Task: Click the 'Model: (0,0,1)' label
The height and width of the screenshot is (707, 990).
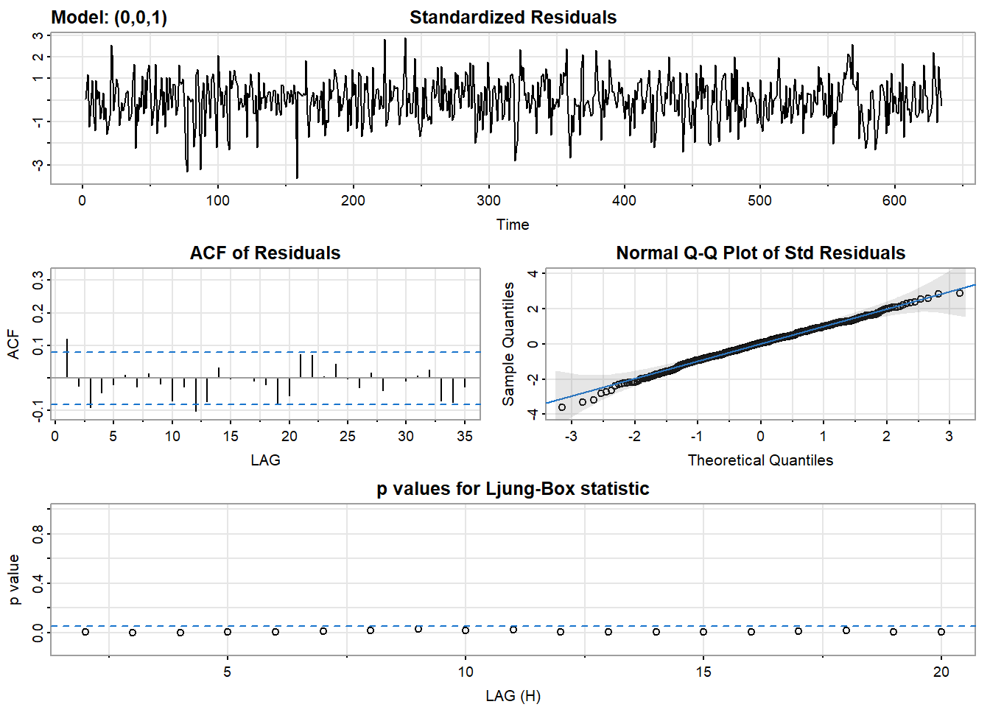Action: [x=109, y=18]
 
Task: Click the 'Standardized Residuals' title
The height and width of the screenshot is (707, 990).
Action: [x=513, y=18]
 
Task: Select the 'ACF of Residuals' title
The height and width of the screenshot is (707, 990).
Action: [x=265, y=253]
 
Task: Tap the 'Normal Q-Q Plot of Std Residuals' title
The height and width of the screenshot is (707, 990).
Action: [x=760, y=253]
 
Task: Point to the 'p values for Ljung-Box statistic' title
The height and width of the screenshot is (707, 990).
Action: [x=513, y=489]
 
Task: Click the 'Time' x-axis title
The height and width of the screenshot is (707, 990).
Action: [x=513, y=225]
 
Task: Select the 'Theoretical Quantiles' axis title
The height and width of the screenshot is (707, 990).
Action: [x=760, y=460]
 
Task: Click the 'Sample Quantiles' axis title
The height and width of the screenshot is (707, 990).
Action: [x=508, y=344]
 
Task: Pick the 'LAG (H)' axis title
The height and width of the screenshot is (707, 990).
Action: [x=513, y=696]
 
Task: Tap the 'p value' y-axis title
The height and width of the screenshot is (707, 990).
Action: [x=14, y=580]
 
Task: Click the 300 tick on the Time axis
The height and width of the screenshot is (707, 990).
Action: [x=488, y=200]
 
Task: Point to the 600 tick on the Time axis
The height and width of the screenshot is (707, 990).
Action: [x=895, y=200]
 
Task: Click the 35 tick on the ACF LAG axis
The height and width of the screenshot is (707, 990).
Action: [x=465, y=436]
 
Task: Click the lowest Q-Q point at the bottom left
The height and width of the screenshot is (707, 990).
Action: [x=562, y=407]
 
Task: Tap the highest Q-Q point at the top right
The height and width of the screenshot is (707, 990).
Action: [x=959, y=293]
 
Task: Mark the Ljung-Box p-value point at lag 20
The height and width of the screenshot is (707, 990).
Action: [x=941, y=632]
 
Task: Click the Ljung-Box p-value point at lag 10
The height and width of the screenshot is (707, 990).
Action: [x=466, y=630]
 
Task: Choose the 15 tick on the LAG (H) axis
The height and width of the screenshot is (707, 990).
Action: [x=703, y=672]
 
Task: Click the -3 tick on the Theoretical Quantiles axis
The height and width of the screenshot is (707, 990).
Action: [x=571, y=436]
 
